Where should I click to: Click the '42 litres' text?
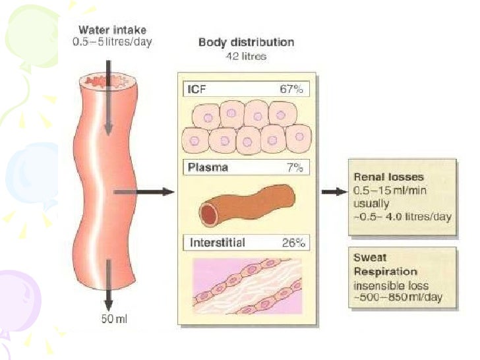coord(246,57)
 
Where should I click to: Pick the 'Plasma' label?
coord(208,167)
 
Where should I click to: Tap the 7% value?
coord(293,167)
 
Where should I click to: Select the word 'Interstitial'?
coord(217,243)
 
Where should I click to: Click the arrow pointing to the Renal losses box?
coord(334,192)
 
